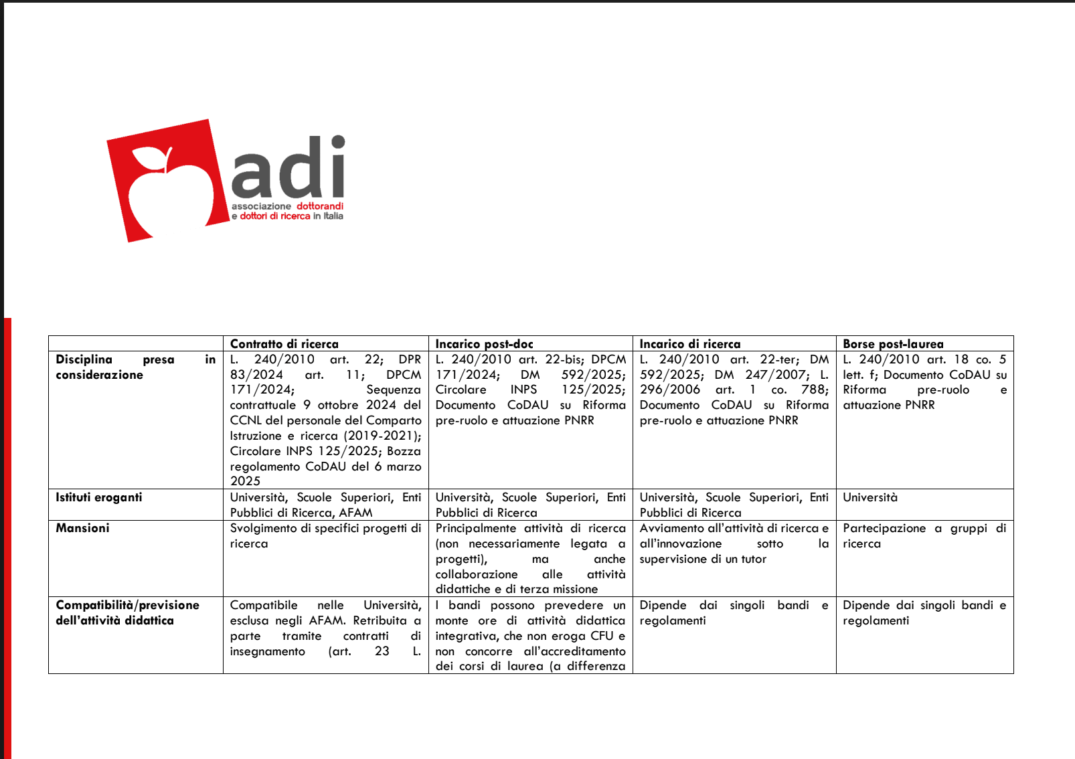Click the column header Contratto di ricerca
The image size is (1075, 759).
[x=284, y=344]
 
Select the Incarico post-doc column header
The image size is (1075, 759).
[x=484, y=344]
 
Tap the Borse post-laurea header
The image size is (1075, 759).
[x=893, y=344]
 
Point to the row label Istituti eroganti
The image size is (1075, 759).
[x=99, y=497]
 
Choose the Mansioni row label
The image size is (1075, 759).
[x=82, y=528]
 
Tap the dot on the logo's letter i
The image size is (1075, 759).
[x=338, y=142]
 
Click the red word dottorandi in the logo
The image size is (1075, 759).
[x=320, y=206]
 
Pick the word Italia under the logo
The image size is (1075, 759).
[x=333, y=216]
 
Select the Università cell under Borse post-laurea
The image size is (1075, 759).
[x=870, y=497]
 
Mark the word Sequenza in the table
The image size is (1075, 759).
[x=394, y=390]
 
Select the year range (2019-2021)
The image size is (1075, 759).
[x=382, y=436]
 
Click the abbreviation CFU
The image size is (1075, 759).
[x=602, y=636]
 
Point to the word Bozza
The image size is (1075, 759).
[x=404, y=451]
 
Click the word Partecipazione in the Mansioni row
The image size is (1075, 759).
[x=884, y=528]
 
